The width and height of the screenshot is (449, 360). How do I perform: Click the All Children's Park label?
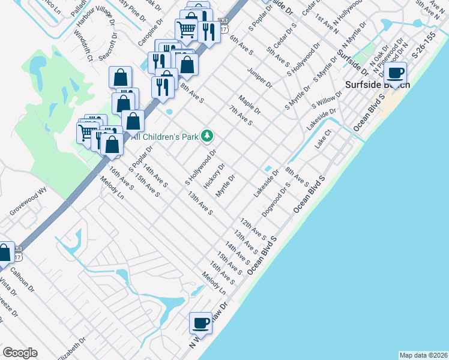(x=164, y=137)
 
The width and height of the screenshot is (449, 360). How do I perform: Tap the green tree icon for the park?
(x=207, y=136)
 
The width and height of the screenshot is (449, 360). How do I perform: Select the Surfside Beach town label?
(x=377, y=85)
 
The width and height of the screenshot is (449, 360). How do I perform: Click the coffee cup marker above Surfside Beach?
(x=395, y=73)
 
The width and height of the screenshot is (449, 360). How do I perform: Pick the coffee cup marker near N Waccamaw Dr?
(x=201, y=323)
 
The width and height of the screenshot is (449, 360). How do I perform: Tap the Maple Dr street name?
(x=249, y=104)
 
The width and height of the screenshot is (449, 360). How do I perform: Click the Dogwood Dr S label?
(x=276, y=200)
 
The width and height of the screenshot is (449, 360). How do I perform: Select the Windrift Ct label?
(x=82, y=48)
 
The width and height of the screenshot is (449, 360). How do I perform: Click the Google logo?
(x=20, y=353)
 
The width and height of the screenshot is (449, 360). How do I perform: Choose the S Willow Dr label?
(x=327, y=99)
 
